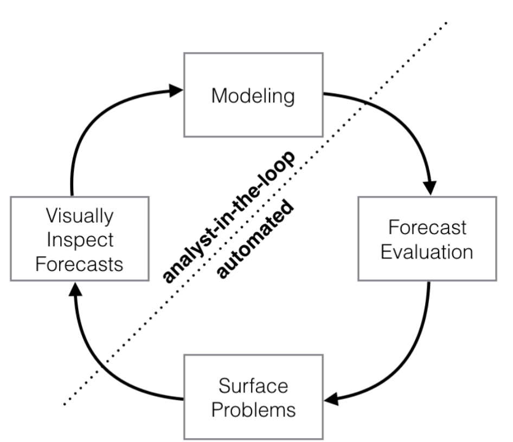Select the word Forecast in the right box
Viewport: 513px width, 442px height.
427,227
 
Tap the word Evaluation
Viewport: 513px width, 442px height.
427,252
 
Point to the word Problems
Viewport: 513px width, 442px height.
253,409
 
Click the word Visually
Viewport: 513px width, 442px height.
80,216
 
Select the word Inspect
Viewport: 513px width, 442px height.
80,240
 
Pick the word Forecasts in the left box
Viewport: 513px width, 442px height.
80,264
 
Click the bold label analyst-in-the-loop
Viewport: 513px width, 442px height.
230,217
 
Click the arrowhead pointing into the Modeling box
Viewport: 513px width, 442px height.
176,89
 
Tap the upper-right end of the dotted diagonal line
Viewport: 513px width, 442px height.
447,23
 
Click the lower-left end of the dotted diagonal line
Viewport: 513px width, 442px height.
65,404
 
